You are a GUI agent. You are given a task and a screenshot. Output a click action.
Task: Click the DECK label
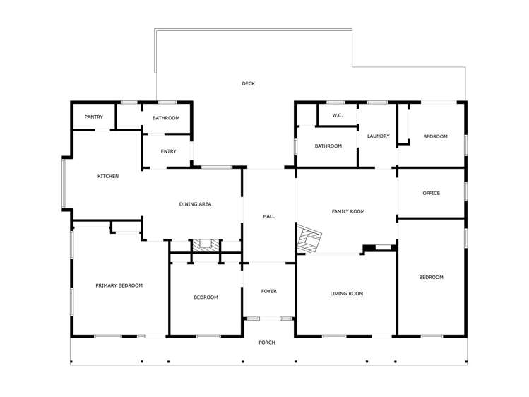248,84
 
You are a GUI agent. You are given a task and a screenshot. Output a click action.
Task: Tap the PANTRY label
94,117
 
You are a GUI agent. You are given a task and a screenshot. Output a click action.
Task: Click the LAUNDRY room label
378,136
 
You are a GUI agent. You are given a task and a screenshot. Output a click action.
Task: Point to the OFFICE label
431,193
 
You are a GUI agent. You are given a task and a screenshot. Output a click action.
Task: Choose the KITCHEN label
108,176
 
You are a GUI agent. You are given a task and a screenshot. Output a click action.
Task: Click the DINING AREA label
195,204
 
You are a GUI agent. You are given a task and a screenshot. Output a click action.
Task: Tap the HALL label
268,216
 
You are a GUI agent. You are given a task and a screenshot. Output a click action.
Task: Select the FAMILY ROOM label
347,211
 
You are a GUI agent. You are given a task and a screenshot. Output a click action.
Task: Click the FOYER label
268,291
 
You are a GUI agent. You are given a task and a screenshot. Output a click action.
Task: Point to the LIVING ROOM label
346,293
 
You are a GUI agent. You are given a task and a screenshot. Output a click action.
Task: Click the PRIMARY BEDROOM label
119,285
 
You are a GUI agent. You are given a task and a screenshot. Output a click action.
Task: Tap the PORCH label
267,343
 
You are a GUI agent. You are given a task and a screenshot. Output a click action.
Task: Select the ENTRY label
168,151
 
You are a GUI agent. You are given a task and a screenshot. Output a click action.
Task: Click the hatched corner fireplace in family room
309,239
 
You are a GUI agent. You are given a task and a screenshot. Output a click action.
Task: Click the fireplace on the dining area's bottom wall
206,246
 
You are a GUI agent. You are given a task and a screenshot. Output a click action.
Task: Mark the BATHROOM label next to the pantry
166,118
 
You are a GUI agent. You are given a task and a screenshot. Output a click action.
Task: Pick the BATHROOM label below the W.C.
328,146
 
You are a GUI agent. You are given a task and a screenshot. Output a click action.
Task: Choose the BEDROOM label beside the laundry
435,136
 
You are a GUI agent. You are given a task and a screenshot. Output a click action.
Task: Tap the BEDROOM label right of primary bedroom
206,297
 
